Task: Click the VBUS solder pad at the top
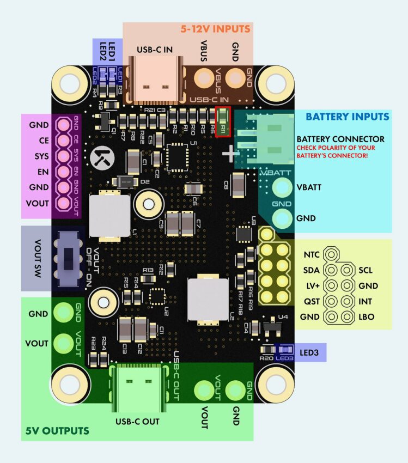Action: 204,77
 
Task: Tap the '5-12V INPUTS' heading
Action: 215,28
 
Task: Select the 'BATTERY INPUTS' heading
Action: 347,117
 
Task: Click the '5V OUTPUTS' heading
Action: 57,431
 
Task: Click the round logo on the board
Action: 102,157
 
